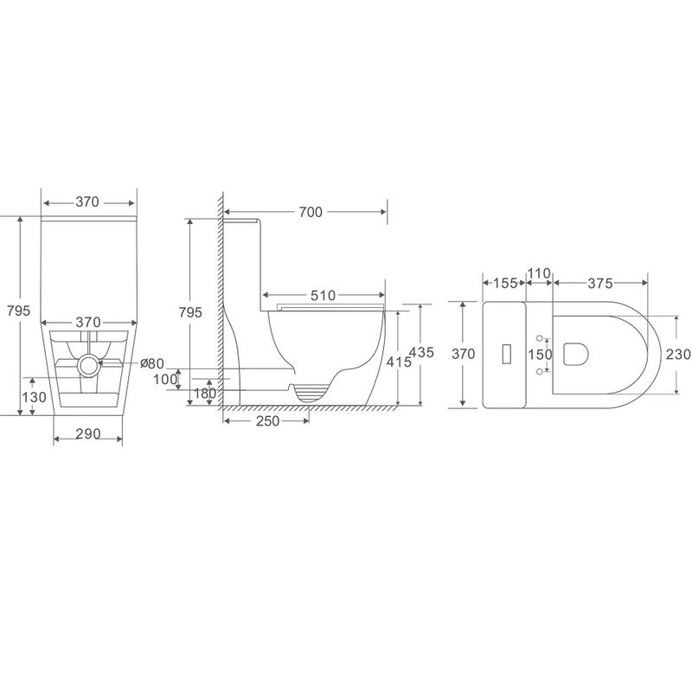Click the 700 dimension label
[x=311, y=212]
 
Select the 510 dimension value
[x=323, y=295]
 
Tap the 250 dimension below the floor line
[x=267, y=421]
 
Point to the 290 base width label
[x=88, y=434]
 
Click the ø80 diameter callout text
[x=152, y=363]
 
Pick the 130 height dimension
[x=34, y=397]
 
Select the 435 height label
[x=422, y=352]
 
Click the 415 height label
[x=399, y=362]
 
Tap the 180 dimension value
[x=205, y=394]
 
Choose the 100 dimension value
[x=165, y=379]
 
